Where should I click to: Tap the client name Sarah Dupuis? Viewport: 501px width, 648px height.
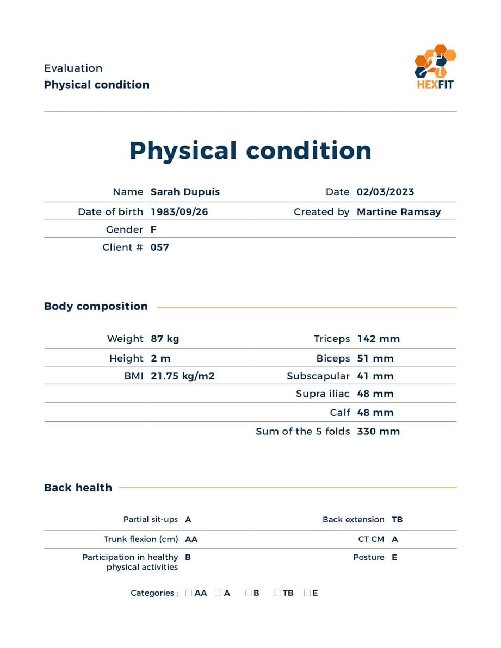coord(185,192)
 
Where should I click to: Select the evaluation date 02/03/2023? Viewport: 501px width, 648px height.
coord(385,192)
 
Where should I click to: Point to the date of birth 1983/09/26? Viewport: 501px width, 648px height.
coord(179,212)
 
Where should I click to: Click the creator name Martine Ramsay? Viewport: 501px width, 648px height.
coord(398,212)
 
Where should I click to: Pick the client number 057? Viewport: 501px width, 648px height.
coord(160,247)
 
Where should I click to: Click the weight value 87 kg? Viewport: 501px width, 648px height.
coord(165,339)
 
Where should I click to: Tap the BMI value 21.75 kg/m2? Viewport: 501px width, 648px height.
coord(182,376)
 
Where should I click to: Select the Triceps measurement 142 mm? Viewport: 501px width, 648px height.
coord(378,339)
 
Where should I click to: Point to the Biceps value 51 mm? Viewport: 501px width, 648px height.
coord(375,359)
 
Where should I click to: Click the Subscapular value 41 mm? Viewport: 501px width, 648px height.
coord(375,376)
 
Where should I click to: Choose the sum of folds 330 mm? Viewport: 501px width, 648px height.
coord(378,432)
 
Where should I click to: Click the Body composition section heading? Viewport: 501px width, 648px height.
coord(96,307)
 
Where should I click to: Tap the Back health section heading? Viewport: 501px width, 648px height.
coord(78,488)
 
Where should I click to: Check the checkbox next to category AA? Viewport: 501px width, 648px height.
coord(189,593)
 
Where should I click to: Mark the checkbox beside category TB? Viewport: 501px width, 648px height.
coord(277,593)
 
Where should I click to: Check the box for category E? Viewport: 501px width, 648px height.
coord(307,593)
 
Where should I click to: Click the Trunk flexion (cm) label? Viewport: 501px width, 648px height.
coord(140,539)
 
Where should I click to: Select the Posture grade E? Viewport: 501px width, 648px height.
coord(394,558)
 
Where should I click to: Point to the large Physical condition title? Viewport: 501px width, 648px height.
coord(250,151)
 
